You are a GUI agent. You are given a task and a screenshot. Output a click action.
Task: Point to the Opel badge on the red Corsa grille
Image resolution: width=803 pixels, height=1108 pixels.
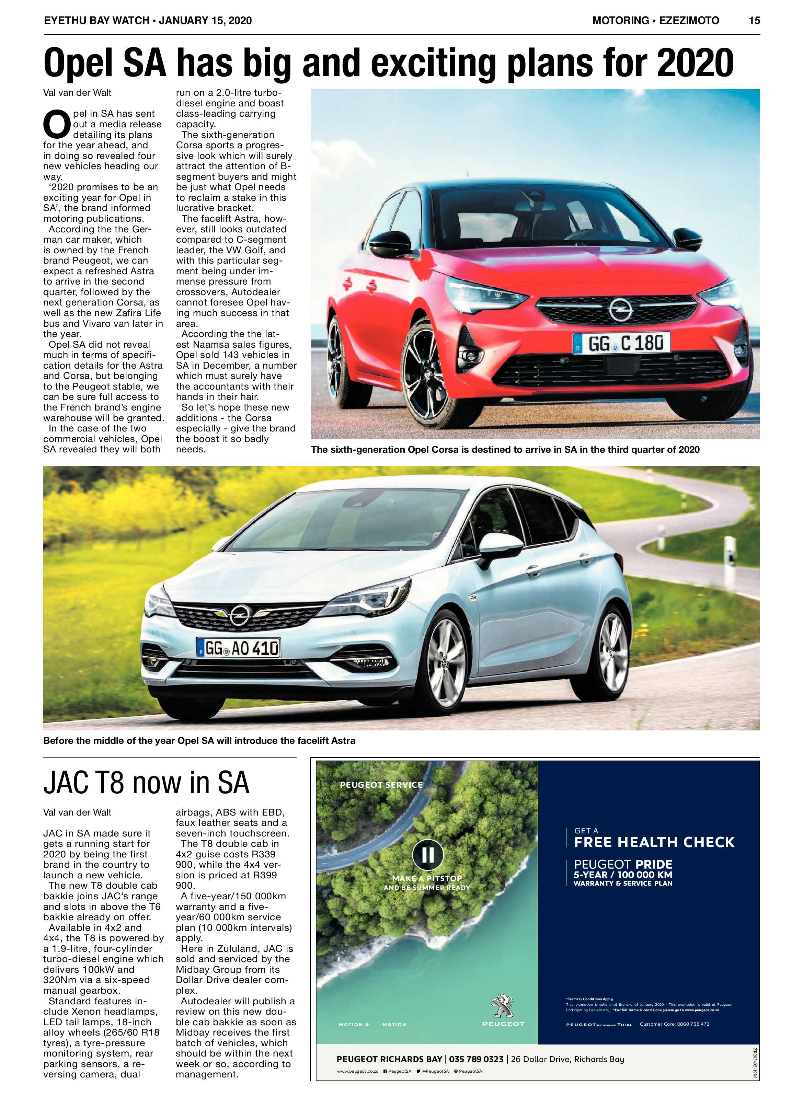click(x=620, y=309)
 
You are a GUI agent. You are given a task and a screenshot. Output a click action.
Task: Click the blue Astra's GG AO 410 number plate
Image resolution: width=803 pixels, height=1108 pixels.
click(x=239, y=648)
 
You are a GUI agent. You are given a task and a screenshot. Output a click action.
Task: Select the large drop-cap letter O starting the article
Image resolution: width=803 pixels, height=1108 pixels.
click(x=57, y=125)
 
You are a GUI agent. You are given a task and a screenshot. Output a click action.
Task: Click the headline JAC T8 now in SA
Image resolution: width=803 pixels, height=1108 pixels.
click(x=146, y=782)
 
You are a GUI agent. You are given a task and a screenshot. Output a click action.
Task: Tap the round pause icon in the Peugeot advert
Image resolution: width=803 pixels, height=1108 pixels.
click(x=428, y=855)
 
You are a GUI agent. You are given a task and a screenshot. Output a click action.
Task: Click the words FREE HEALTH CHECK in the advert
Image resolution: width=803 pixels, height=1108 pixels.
click(x=654, y=842)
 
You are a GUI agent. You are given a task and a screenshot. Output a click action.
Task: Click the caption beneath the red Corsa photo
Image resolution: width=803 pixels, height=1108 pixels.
click(x=505, y=449)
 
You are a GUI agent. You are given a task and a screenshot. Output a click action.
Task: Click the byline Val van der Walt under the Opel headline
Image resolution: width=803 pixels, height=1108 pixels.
click(x=77, y=93)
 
